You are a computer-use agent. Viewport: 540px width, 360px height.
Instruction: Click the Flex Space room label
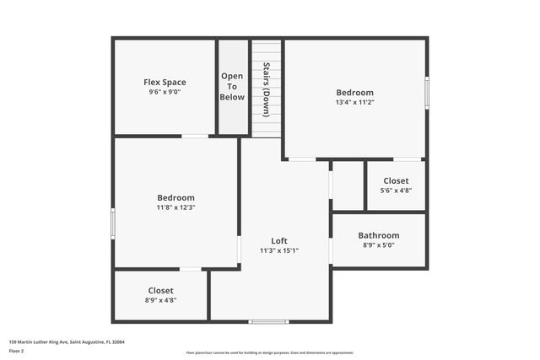point(165,82)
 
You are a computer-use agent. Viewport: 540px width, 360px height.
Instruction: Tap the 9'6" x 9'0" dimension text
point(165,93)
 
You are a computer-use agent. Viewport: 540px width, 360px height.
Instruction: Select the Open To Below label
point(233,87)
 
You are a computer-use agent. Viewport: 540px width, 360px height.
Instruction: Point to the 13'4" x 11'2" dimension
point(354,103)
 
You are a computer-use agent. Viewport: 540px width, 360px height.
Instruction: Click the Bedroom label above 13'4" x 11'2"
point(354,92)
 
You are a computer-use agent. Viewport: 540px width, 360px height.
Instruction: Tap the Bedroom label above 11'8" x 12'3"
point(175,197)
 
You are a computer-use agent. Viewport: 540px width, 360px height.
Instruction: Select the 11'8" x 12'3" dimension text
point(175,207)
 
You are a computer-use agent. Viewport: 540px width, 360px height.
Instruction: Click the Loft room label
point(279,240)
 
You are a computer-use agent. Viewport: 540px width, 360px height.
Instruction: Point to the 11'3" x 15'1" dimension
point(279,250)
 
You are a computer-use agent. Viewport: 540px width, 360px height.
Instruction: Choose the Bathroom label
point(379,235)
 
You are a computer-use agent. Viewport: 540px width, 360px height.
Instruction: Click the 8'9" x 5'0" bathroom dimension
point(379,245)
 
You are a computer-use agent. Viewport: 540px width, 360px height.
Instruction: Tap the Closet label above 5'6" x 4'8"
point(396,180)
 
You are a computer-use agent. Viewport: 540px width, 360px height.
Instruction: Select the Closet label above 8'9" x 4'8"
point(161,290)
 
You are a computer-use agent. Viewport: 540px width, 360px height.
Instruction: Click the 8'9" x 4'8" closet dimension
point(161,300)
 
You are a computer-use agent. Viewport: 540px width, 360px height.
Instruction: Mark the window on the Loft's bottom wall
point(269,321)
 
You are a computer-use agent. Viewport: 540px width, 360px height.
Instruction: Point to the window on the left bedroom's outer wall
point(113,223)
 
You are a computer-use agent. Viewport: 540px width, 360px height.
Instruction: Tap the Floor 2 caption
point(17,351)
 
